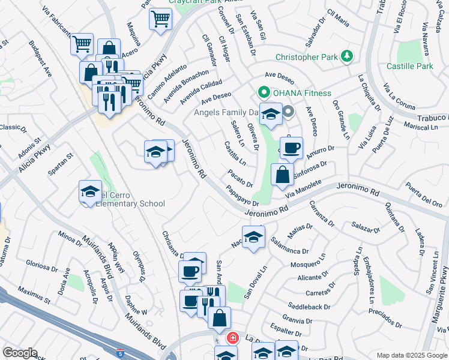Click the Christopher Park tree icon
(346, 57)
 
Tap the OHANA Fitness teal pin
(262, 93)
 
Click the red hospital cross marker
(232, 338)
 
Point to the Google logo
(20, 353)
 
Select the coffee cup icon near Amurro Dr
(291, 148)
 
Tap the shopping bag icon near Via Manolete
(282, 175)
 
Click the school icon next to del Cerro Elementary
(90, 191)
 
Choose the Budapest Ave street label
(41, 58)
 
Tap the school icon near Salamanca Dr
(253, 236)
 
